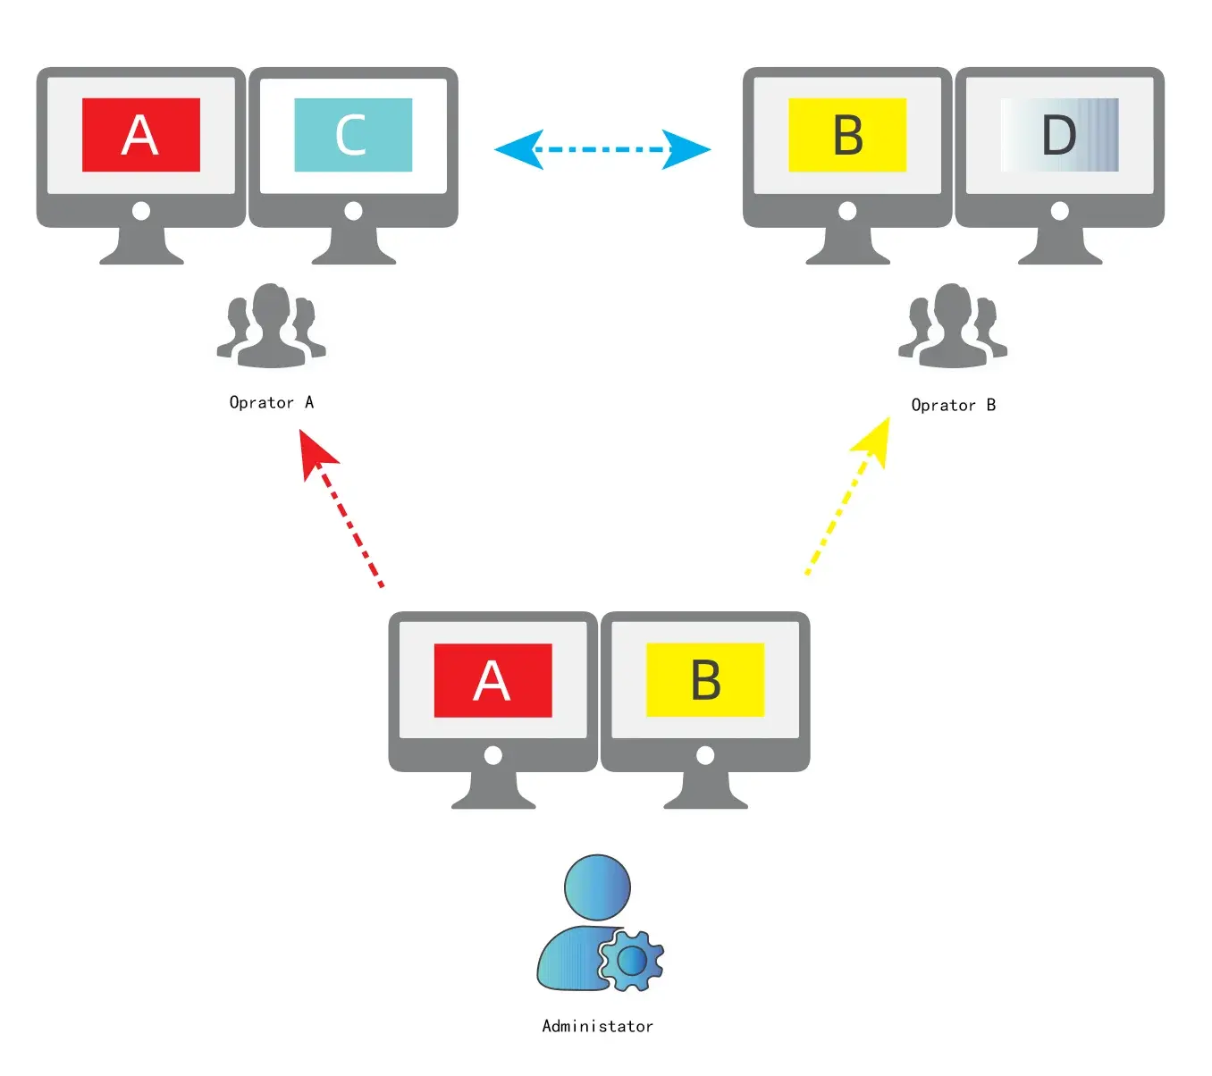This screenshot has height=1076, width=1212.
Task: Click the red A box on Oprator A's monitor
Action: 140,135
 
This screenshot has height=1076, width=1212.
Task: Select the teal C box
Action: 353,135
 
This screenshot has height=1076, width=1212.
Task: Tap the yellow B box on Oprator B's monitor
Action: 847,135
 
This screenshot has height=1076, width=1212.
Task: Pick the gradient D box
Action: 1060,135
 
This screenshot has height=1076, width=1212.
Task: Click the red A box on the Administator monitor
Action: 492,680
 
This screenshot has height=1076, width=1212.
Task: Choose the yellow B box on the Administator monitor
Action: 705,680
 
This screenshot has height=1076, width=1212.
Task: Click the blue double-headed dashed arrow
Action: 602,149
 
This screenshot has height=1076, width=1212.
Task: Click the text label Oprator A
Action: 272,403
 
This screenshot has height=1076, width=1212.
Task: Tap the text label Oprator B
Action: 953,406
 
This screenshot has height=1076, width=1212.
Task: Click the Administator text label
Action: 597,1027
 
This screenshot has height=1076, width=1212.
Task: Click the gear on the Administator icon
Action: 632,961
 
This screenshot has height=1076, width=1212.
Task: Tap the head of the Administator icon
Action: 597,887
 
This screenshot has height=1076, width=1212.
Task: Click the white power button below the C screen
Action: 353,211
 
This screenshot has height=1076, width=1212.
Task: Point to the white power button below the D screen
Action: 1060,211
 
